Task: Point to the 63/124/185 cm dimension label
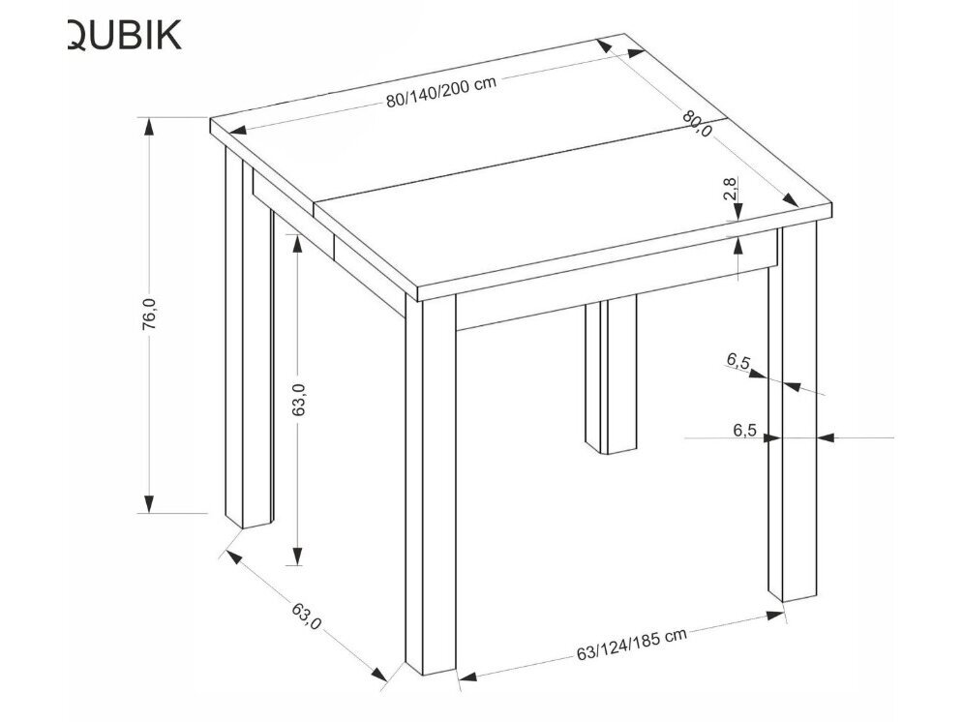pos(631,643)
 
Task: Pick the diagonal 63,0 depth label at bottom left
pos(305,616)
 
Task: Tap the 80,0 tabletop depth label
pos(697,124)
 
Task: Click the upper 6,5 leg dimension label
pos(738,363)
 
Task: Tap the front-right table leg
pos(794,416)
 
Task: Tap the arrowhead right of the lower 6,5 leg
pos(826,438)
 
